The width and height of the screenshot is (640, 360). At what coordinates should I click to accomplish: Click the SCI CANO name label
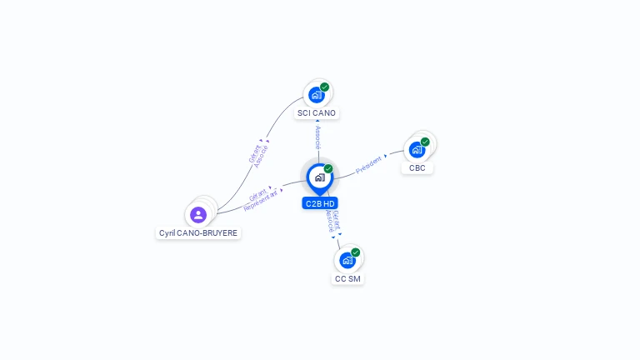(317, 113)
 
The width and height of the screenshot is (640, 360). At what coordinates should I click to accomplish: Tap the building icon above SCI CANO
(317, 95)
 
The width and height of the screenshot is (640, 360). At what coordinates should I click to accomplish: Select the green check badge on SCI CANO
(324, 87)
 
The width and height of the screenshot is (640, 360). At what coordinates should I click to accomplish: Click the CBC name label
(417, 168)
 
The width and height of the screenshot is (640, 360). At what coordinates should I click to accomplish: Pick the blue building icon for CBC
(417, 150)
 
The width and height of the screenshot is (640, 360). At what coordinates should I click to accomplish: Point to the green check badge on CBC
(425, 142)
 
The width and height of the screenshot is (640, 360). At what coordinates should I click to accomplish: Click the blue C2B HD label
(320, 203)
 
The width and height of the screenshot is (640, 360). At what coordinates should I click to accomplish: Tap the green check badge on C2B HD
(328, 168)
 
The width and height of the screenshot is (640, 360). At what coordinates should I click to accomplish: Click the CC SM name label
(347, 279)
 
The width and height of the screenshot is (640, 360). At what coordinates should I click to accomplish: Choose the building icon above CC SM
(347, 260)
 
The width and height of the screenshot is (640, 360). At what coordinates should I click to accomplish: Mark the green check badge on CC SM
(356, 252)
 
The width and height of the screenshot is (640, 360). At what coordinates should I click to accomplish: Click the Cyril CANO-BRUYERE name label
(198, 233)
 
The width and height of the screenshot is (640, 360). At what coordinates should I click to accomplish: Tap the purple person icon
(198, 215)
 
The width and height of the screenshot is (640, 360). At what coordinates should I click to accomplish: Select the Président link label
(368, 165)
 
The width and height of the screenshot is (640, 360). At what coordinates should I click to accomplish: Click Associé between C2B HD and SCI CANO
(318, 137)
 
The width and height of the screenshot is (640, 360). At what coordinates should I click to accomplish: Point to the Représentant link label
(261, 201)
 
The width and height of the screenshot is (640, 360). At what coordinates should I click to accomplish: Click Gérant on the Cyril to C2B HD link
(257, 196)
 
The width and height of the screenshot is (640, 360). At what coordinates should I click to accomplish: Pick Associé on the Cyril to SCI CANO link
(261, 157)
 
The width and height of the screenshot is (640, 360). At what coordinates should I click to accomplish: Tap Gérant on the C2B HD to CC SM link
(337, 220)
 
